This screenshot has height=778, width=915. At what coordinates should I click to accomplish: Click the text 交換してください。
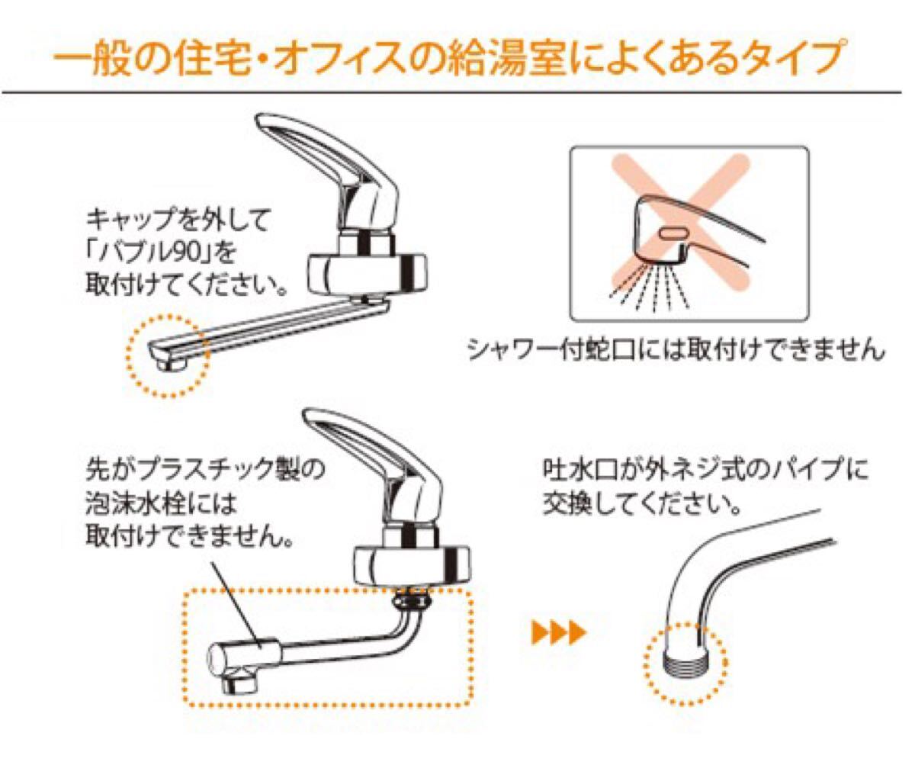(643, 504)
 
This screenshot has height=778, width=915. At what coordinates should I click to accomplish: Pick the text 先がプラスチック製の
(205, 469)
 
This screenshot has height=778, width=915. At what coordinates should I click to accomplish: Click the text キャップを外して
(178, 222)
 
